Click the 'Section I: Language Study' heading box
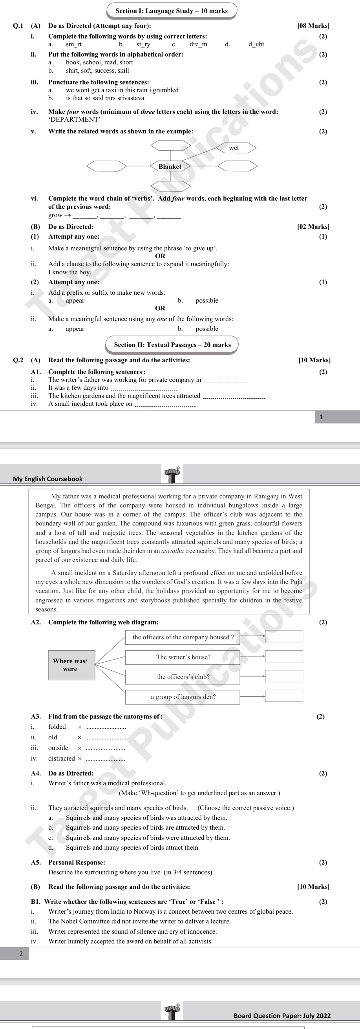[x=172, y=11]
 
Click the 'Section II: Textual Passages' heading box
[x=172, y=345]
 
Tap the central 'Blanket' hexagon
[x=170, y=166]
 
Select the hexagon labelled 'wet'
[x=235, y=148]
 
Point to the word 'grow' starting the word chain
[x=55, y=215]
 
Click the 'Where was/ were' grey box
[x=71, y=665]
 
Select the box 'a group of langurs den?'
[x=183, y=697]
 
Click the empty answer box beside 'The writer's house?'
[x=284, y=656]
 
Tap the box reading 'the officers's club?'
[x=183, y=677]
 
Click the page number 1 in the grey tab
[x=321, y=417]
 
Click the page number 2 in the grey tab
[x=21, y=954]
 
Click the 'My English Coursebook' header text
[x=48, y=478]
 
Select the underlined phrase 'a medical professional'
[x=134, y=783]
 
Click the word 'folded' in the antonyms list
[x=57, y=726]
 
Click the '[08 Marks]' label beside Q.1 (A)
[x=313, y=26]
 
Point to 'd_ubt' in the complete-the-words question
[x=256, y=44]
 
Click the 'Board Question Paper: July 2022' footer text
[x=282, y=1015]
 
